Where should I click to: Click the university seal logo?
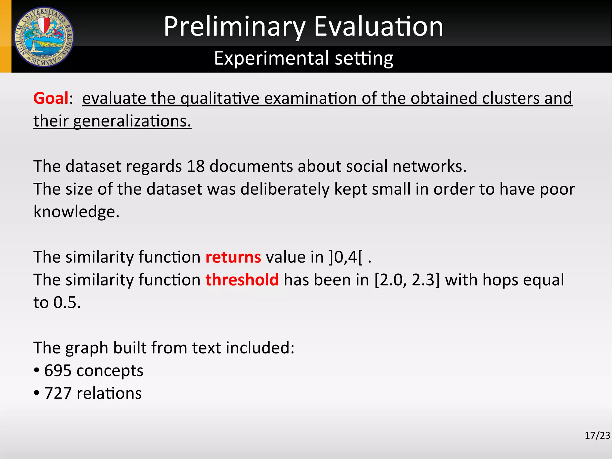point(44,36)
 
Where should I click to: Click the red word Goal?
point(51,98)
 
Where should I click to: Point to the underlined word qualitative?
point(220,98)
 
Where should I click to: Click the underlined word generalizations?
point(132,121)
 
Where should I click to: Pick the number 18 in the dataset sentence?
point(196,166)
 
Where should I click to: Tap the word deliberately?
point(285,189)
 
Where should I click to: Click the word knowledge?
point(76,212)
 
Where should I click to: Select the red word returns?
point(233,257)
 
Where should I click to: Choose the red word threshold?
point(242,280)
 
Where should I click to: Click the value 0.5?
point(67,303)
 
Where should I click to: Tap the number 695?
point(58,371)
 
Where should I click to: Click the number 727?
point(58,394)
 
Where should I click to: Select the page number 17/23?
point(597,435)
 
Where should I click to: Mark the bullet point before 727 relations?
point(36,393)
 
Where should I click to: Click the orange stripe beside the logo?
point(5,36)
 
